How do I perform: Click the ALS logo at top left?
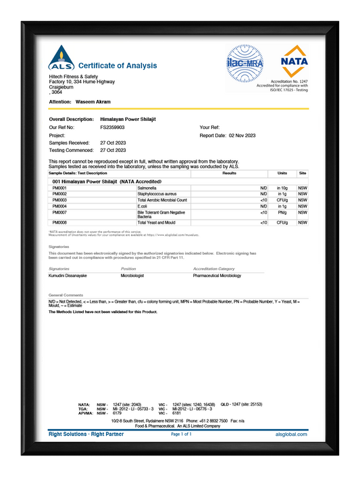pyautogui.click(x=60, y=59)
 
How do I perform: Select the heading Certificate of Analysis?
pyautogui.click(x=118, y=66)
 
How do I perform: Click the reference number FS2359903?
pyautogui.click(x=112, y=127)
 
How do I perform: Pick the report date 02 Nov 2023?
pyautogui.click(x=242, y=135)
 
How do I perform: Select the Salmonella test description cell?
pyautogui.click(x=147, y=188)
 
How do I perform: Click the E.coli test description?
pyautogui.click(x=143, y=206)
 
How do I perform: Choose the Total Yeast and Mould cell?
pyautogui.click(x=156, y=222)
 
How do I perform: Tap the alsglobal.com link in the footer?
pyautogui.click(x=292, y=434)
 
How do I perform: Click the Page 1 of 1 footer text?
pyautogui.click(x=181, y=434)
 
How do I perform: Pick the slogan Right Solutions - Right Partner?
pyautogui.click(x=86, y=434)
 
